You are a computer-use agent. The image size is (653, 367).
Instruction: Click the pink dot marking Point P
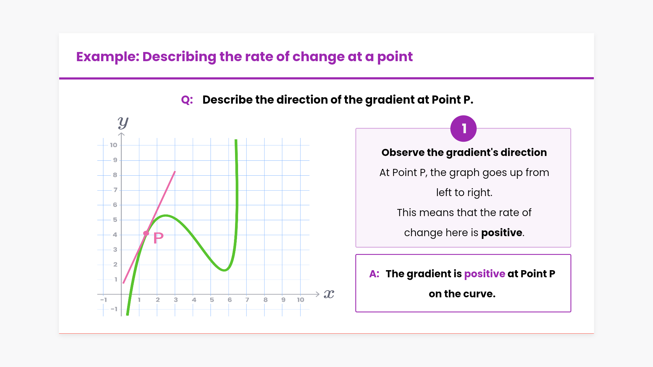146,233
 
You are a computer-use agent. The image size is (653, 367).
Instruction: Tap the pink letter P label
158,238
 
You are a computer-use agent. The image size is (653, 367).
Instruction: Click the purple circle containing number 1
463,129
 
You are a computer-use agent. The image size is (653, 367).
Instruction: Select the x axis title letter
329,294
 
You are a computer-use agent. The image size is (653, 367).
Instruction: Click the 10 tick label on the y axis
113,145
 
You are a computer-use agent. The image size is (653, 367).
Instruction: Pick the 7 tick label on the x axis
247,300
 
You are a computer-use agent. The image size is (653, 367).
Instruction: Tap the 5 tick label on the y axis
115,220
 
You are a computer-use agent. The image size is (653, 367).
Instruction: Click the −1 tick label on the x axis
104,300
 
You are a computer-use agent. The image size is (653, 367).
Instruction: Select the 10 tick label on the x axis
300,300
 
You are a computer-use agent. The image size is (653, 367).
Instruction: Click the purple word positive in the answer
485,274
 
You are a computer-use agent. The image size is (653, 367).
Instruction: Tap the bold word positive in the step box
502,232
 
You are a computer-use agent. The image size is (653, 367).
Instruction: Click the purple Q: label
187,100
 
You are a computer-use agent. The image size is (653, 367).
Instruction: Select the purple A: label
374,274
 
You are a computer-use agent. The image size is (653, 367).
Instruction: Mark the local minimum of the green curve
224,270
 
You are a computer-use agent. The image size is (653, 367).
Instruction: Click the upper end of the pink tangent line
175,172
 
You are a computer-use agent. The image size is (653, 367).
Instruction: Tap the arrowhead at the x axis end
318,294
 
